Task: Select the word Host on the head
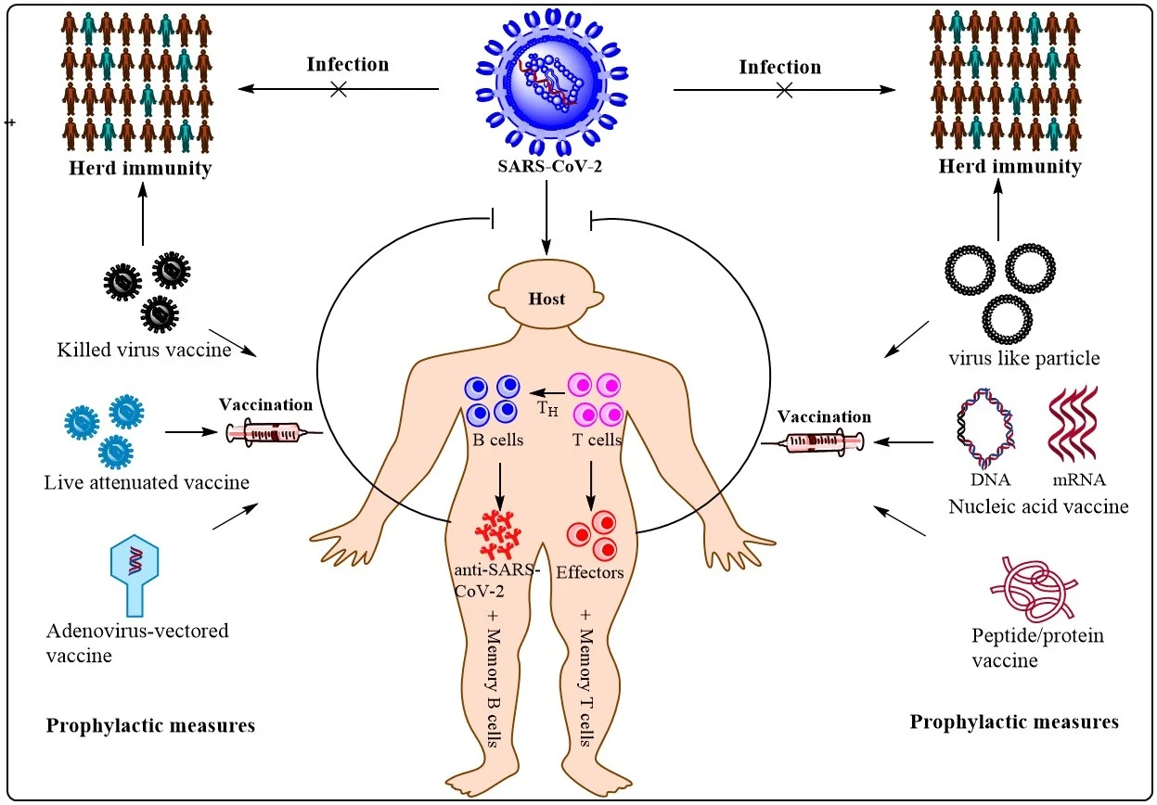click(546, 300)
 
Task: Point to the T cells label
click(595, 440)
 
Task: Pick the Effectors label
click(590, 572)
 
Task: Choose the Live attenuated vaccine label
click(146, 482)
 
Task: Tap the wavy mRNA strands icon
click(1075, 426)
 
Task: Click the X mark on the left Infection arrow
click(339, 89)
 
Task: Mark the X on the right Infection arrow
click(784, 90)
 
